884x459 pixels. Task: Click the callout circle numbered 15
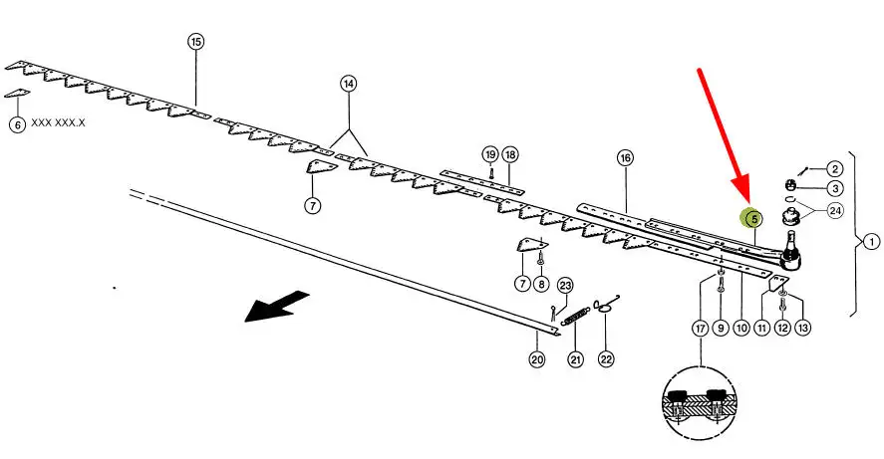[x=195, y=42]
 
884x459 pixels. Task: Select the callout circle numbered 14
[x=348, y=84]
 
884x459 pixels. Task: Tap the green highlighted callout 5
[x=753, y=218]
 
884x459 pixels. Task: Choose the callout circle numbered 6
[x=17, y=124]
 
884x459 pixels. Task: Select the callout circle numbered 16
[x=625, y=157]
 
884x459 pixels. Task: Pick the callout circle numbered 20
[x=537, y=359]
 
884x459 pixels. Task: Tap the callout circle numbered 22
[x=605, y=359]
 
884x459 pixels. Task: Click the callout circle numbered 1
[x=870, y=241]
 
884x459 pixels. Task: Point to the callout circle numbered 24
[x=835, y=210]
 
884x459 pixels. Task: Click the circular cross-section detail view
[x=701, y=403]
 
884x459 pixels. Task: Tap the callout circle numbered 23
[x=565, y=285]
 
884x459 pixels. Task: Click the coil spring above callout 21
[x=575, y=319]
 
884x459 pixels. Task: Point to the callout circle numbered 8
[x=541, y=284]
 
